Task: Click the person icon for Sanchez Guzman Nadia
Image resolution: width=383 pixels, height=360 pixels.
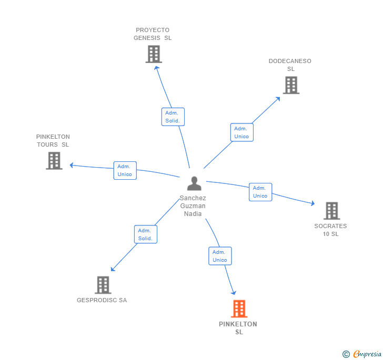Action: [194, 184]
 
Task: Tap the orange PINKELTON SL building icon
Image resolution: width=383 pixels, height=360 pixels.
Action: [239, 309]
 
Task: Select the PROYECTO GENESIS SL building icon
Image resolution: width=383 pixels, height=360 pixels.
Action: [154, 54]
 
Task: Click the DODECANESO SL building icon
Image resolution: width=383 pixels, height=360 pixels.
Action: [291, 85]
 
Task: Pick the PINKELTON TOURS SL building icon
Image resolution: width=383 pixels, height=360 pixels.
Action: [54, 161]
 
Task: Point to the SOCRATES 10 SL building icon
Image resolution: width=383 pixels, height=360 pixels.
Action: [331, 211]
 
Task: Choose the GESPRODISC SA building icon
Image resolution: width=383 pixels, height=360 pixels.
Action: [103, 285]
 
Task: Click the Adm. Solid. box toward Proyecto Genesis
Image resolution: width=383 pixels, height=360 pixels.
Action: [173, 117]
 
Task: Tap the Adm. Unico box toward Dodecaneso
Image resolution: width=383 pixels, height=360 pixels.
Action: [241, 132]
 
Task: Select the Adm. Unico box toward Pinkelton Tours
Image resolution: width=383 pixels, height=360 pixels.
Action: [125, 170]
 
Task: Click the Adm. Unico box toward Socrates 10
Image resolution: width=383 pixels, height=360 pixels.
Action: [260, 192]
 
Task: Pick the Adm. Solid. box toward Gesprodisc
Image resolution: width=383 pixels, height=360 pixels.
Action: [145, 234]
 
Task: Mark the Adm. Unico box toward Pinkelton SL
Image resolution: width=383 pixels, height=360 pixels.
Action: [220, 256]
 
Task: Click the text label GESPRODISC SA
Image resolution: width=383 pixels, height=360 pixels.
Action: [102, 301]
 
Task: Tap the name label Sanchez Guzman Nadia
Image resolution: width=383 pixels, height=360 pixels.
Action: [193, 206]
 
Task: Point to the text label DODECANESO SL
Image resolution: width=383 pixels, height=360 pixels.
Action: [290, 65]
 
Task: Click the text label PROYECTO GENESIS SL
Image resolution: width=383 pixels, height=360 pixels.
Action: [153, 34]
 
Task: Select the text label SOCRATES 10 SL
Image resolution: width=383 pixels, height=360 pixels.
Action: [330, 230]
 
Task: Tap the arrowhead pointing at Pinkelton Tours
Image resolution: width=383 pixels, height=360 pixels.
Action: [72, 166]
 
